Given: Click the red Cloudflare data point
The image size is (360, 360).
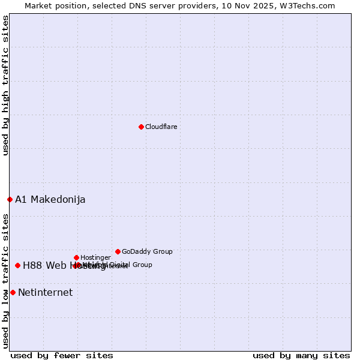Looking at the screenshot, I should click(141, 127).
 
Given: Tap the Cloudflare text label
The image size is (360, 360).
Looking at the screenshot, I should click(161, 127).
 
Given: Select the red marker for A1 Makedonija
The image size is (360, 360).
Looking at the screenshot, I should click(10, 199).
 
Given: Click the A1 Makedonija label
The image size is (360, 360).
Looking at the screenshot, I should click(50, 200).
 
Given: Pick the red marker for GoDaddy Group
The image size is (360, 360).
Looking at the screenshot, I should click(118, 251).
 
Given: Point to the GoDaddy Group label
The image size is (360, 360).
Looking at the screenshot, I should click(147, 251).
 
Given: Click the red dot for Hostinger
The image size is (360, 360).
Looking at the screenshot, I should click(76, 257).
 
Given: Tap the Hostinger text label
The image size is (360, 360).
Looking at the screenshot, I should click(96, 257).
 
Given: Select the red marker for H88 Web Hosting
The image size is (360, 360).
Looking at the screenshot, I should click(17, 265).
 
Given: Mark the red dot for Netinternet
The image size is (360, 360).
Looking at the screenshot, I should click(13, 292).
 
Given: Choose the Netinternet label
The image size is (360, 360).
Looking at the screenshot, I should click(45, 293).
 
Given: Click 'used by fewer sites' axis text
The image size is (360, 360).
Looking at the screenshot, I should click(62, 355).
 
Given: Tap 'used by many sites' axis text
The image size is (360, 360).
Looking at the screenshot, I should click(301, 355).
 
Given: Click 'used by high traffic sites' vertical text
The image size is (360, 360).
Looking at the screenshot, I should click(5, 85).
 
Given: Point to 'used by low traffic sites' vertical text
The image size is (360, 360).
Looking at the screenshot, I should click(5, 281).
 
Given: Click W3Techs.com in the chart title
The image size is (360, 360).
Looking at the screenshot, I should click(309, 5).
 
